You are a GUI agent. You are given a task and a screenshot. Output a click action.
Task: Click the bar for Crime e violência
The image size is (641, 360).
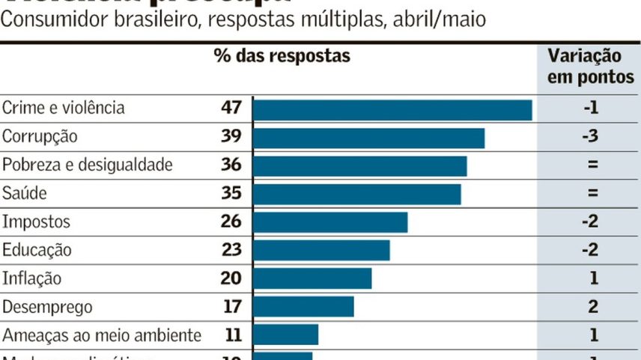click(x=392, y=109)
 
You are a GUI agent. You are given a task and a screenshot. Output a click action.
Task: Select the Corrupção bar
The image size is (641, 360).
click(x=368, y=138)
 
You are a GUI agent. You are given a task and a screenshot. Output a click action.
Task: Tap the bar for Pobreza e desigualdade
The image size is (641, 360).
click(x=359, y=165)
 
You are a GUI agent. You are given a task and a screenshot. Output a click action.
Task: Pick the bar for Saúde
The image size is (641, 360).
click(x=356, y=194)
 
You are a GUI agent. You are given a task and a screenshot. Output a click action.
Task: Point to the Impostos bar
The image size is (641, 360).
click(x=330, y=222)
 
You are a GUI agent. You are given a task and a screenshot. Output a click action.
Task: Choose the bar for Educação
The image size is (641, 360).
click(x=321, y=250)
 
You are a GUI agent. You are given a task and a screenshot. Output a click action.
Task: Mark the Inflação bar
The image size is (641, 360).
click(x=312, y=278)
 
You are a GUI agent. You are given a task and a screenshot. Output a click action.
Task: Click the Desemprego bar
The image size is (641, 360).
click(x=303, y=307)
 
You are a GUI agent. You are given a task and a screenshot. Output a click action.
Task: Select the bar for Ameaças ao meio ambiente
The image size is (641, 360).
click(x=285, y=335)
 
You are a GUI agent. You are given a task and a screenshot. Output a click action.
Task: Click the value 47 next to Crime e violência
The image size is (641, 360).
click(x=231, y=108)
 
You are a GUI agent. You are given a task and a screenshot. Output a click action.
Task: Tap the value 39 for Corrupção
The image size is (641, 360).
click(x=231, y=137)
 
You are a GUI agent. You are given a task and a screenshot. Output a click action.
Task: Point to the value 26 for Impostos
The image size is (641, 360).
click(x=231, y=222)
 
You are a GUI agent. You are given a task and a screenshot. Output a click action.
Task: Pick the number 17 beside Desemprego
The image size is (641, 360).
click(x=231, y=307)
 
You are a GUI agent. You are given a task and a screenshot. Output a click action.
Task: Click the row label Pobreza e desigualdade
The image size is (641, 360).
click(x=88, y=165)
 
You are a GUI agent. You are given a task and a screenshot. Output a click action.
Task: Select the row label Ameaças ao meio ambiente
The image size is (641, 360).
click(x=102, y=335)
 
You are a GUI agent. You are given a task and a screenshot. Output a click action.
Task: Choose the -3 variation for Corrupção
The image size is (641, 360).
click(x=592, y=137)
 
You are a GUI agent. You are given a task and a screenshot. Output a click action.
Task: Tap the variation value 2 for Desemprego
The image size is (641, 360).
click(x=592, y=307)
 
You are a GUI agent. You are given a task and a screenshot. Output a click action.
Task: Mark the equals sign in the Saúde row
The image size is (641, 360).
click(x=592, y=194)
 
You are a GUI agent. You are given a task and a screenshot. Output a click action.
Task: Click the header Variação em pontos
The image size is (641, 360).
click(x=591, y=66)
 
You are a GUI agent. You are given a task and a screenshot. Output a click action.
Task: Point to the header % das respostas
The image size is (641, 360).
click(x=282, y=56)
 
